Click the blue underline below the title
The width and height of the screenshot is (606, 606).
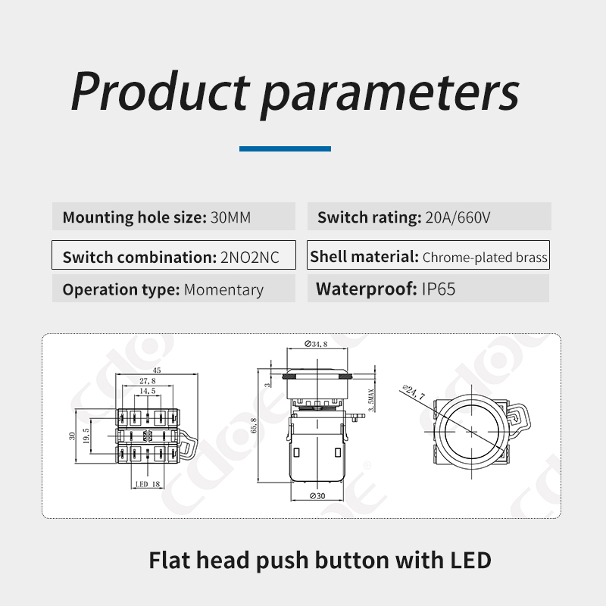click(286, 148)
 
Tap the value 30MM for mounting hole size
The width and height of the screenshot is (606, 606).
click(231, 217)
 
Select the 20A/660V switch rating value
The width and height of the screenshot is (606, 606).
click(458, 217)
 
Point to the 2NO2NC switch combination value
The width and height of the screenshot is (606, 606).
click(250, 258)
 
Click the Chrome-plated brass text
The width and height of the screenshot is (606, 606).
click(485, 258)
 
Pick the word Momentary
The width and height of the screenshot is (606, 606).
click(223, 289)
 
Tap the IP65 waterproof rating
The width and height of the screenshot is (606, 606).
click(439, 289)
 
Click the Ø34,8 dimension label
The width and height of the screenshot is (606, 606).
click(316, 344)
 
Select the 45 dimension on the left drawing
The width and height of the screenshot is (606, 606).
click(157, 370)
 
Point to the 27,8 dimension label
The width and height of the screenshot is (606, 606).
click(148, 381)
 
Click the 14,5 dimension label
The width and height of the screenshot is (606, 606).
click(148, 391)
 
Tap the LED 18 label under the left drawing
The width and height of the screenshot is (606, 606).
click(148, 484)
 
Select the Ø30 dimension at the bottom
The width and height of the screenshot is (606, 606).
click(317, 496)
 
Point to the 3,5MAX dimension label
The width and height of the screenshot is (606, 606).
click(371, 400)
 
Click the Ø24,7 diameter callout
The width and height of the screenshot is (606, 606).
click(414, 392)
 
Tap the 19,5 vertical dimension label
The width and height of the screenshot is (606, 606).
click(86, 436)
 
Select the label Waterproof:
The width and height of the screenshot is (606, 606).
click(367, 289)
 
